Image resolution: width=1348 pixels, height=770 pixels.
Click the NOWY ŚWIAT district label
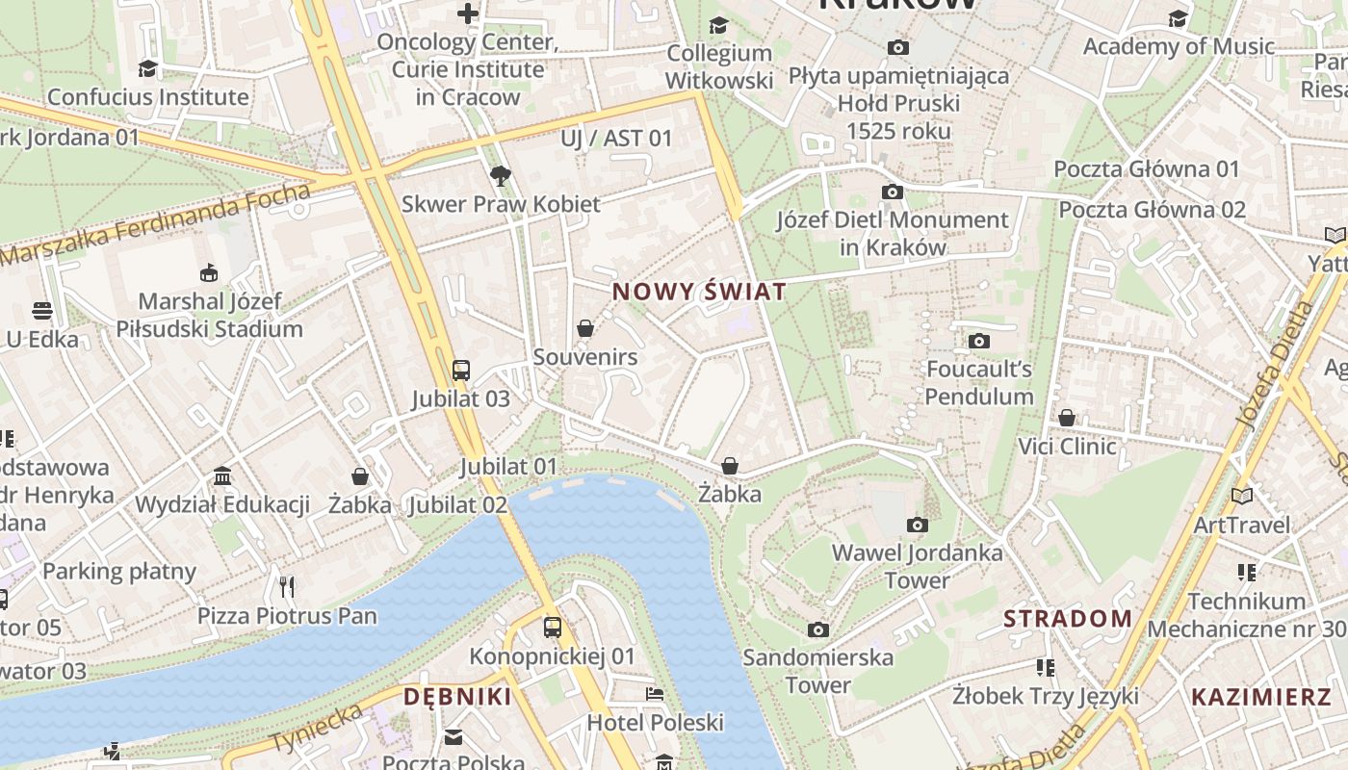tap(699, 291)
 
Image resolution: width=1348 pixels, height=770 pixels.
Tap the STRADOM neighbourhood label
tap(1068, 618)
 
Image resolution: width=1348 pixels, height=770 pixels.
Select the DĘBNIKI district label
tap(457, 697)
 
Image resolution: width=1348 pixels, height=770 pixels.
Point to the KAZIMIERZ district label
tap(1261, 697)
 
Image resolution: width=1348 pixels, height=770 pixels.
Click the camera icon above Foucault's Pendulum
tap(979, 341)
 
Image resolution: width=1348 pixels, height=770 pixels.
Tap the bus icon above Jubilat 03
tap(461, 370)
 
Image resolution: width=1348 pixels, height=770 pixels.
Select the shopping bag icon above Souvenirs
tap(584, 329)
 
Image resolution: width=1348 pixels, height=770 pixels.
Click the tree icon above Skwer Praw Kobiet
tap(500, 176)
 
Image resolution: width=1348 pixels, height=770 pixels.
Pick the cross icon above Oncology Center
tap(468, 13)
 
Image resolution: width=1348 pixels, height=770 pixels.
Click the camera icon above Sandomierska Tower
tap(818, 629)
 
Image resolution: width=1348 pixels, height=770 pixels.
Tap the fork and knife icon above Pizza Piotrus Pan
tap(286, 586)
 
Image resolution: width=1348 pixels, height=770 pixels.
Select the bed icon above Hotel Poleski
tap(655, 694)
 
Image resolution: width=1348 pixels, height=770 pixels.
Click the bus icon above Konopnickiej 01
tap(553, 628)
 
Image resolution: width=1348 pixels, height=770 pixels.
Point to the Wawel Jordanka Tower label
tap(917, 566)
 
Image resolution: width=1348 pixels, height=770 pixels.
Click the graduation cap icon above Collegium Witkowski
tap(718, 25)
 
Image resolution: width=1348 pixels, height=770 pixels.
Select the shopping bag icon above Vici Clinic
tap(1067, 418)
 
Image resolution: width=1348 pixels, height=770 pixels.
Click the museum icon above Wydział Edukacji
tap(222, 475)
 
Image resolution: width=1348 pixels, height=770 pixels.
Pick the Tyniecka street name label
tap(319, 729)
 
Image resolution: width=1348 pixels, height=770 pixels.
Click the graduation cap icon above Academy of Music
tap(1179, 18)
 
